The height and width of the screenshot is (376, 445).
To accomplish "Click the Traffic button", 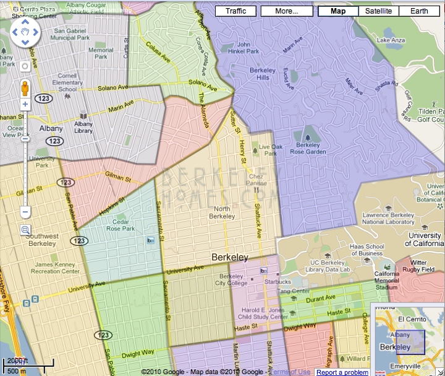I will click(x=235, y=11).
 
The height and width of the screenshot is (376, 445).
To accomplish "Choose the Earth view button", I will click(x=418, y=11).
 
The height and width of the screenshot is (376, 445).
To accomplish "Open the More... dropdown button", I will click(x=286, y=11).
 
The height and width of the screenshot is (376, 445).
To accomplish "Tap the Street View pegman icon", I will click(x=25, y=87).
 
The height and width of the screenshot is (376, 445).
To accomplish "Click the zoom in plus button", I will click(x=25, y=104).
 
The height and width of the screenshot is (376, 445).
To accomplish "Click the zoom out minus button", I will click(x=25, y=212).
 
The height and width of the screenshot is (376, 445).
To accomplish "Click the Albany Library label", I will click(x=83, y=127).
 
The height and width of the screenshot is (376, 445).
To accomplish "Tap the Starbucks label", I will click(x=278, y=281).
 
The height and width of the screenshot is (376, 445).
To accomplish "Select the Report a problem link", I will click(x=342, y=372).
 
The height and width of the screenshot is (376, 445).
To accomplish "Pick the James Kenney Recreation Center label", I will click(x=57, y=268).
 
